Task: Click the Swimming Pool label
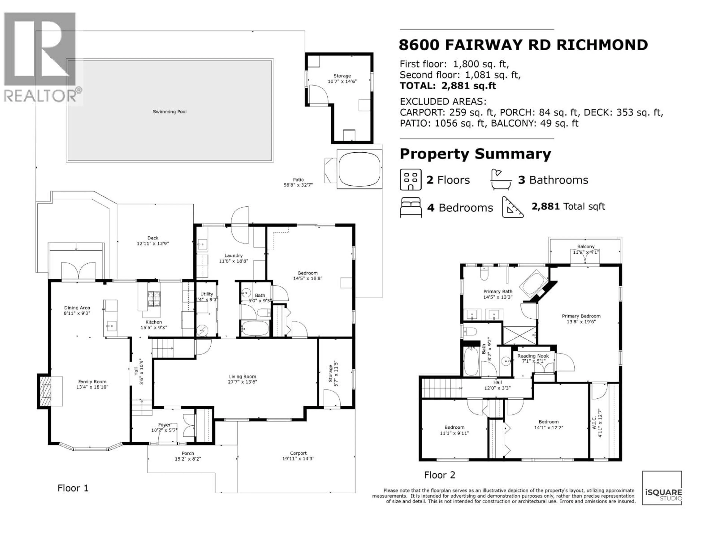click(170, 112)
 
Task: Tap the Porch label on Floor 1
click(188, 453)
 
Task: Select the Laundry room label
click(233, 255)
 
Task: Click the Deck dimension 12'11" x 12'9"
click(153, 243)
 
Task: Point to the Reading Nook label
click(533, 356)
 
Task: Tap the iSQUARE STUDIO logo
click(662, 489)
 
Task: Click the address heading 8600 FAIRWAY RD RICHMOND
click(523, 45)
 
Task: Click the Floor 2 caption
click(440, 475)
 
